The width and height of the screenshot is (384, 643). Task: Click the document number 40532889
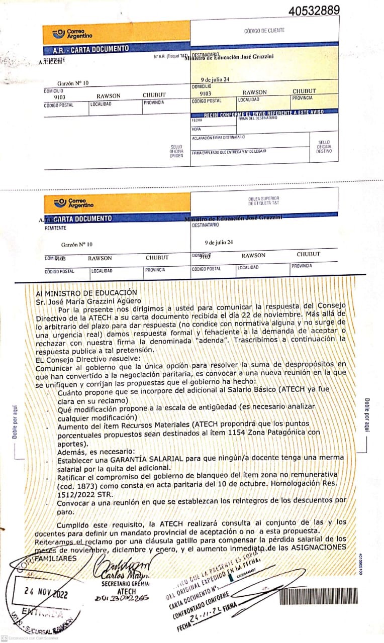click(x=314, y=10)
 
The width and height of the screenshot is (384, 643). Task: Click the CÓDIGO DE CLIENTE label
click(x=264, y=31)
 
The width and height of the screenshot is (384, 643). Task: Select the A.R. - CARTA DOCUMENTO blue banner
click(x=91, y=49)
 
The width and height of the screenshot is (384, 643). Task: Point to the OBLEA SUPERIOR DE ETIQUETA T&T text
click(x=263, y=201)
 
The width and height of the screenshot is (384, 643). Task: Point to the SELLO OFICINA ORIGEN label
click(x=177, y=151)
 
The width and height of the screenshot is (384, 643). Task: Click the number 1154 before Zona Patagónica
click(x=232, y=432)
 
